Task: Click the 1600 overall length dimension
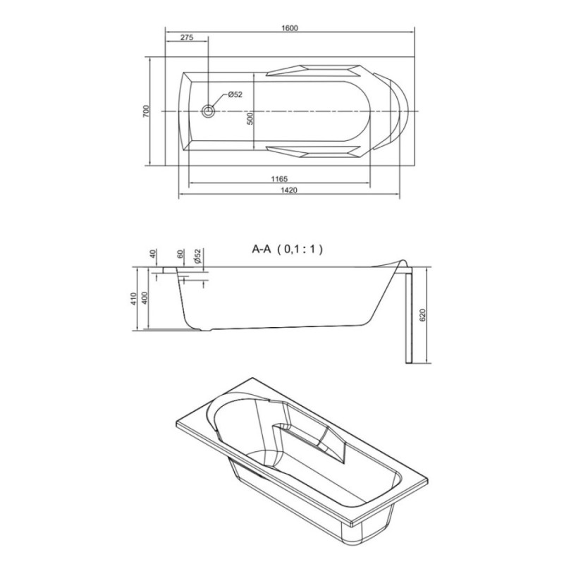(x=290, y=27)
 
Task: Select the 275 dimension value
(x=187, y=37)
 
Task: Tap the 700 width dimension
(x=146, y=111)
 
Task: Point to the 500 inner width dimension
(x=250, y=118)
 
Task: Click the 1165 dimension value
(x=279, y=178)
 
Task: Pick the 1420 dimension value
(x=289, y=190)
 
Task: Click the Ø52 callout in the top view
(x=235, y=94)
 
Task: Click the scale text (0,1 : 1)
(x=300, y=249)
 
